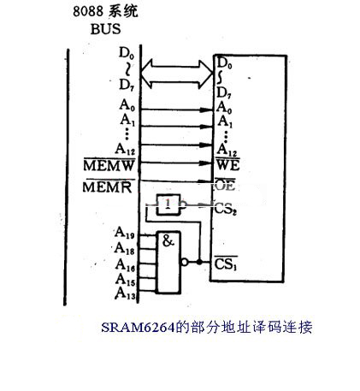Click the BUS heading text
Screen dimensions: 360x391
point(105,29)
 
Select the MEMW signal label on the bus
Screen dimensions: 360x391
point(109,165)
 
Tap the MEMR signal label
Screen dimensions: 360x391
point(108,187)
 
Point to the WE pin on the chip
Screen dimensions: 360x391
point(227,164)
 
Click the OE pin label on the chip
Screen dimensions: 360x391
point(225,185)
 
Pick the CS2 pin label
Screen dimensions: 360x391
point(225,209)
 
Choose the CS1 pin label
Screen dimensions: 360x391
point(226,264)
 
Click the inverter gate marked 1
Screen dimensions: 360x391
point(168,204)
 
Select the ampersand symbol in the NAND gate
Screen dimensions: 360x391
point(168,241)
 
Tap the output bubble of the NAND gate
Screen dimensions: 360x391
point(185,262)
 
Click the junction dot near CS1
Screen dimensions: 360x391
point(199,262)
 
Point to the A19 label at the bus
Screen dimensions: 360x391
point(124,233)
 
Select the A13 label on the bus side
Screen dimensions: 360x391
point(125,293)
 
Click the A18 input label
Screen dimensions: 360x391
point(124,248)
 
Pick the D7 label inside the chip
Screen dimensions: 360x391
point(223,93)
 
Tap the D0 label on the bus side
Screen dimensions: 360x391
point(126,53)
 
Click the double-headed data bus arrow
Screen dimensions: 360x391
point(177,74)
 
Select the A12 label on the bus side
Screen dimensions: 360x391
point(125,149)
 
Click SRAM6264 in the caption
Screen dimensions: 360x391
point(138,328)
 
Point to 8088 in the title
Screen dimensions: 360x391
point(88,11)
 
